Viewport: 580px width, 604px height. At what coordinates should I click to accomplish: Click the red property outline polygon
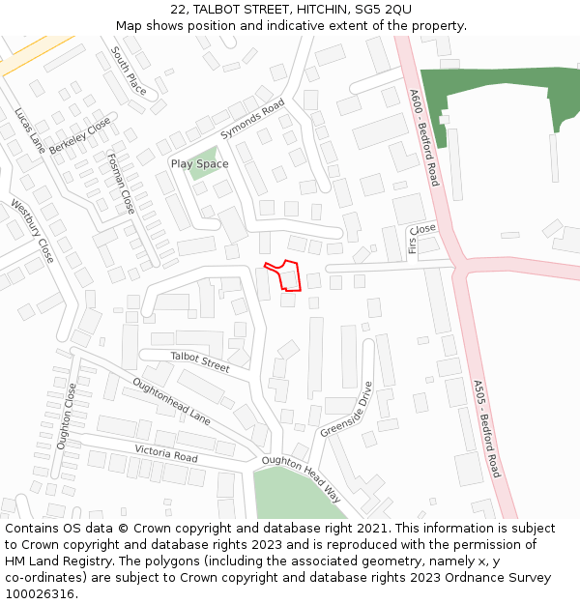click(x=286, y=276)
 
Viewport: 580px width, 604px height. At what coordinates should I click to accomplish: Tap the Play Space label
click(x=199, y=164)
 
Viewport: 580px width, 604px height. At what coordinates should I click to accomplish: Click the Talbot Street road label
click(x=200, y=361)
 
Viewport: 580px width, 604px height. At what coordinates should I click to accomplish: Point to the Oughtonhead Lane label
click(x=171, y=401)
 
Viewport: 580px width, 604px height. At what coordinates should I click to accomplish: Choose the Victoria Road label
click(x=166, y=453)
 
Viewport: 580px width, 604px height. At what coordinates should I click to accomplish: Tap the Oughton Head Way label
click(x=301, y=478)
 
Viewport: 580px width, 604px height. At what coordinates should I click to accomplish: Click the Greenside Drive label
click(x=346, y=409)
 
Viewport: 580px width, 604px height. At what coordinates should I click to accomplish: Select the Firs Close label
click(x=422, y=239)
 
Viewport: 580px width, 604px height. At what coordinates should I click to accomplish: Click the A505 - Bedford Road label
click(x=487, y=428)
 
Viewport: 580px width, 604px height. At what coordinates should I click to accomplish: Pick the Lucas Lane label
click(x=29, y=130)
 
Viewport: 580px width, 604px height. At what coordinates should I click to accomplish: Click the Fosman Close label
click(x=121, y=184)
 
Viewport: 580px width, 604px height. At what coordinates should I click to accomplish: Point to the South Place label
click(x=129, y=70)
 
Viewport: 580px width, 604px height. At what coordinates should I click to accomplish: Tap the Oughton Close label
click(x=66, y=417)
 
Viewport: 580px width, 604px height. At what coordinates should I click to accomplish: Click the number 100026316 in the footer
click(x=40, y=593)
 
